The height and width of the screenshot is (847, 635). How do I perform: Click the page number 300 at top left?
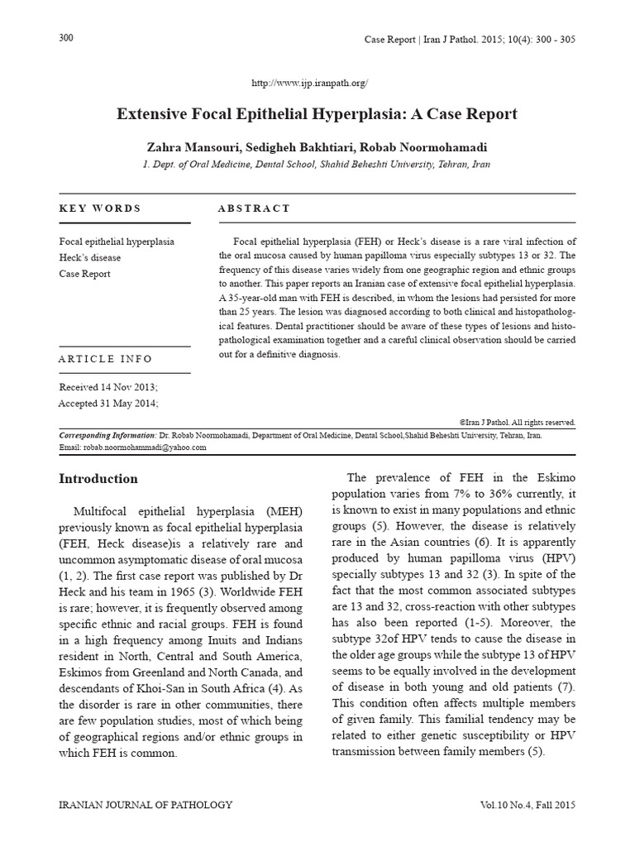tap(67, 39)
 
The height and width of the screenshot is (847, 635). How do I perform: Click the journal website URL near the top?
tap(308, 84)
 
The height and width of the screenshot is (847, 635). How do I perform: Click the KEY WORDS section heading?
tap(100, 208)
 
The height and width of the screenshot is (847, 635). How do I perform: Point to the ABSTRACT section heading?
tap(254, 208)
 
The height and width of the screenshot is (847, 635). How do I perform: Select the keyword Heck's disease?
tap(90, 257)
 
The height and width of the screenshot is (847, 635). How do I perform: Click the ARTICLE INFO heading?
tap(106, 359)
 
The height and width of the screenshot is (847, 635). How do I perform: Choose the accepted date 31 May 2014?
tap(127, 403)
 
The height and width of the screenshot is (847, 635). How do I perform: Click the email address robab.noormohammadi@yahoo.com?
tap(144, 447)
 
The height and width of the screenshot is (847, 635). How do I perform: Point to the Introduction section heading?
tap(98, 479)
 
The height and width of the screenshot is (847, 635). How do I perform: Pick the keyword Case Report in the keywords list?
tap(85, 274)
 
